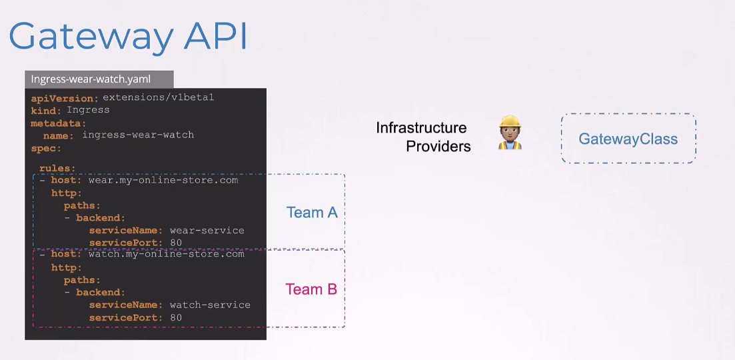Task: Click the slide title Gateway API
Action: pyautogui.click(x=127, y=36)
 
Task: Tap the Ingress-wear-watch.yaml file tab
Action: pyautogui.click(x=99, y=79)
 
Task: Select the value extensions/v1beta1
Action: pyautogui.click(x=159, y=98)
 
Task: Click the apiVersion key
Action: pyautogui.click(x=65, y=99)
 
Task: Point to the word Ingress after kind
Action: pyautogui.click(x=88, y=110)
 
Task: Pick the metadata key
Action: pyautogui.click(x=59, y=123)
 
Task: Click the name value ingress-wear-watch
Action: pyautogui.click(x=139, y=135)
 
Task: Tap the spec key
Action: pyautogui.click(x=46, y=149)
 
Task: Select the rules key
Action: pyautogui.click(x=57, y=168)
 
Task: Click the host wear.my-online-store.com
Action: pyautogui.click(x=163, y=181)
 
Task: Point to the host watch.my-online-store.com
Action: pyautogui.click(x=167, y=254)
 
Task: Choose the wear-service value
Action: pyautogui.click(x=207, y=230)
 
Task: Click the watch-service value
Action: pyautogui.click(x=210, y=305)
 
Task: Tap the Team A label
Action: pyautogui.click(x=312, y=213)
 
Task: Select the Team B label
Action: pyautogui.click(x=311, y=289)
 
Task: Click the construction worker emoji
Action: pyautogui.click(x=510, y=133)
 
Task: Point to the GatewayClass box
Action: pyautogui.click(x=628, y=138)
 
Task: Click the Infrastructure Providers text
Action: pyautogui.click(x=423, y=137)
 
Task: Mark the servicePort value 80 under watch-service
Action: pyautogui.click(x=176, y=318)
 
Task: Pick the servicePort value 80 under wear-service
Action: pyautogui.click(x=176, y=243)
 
